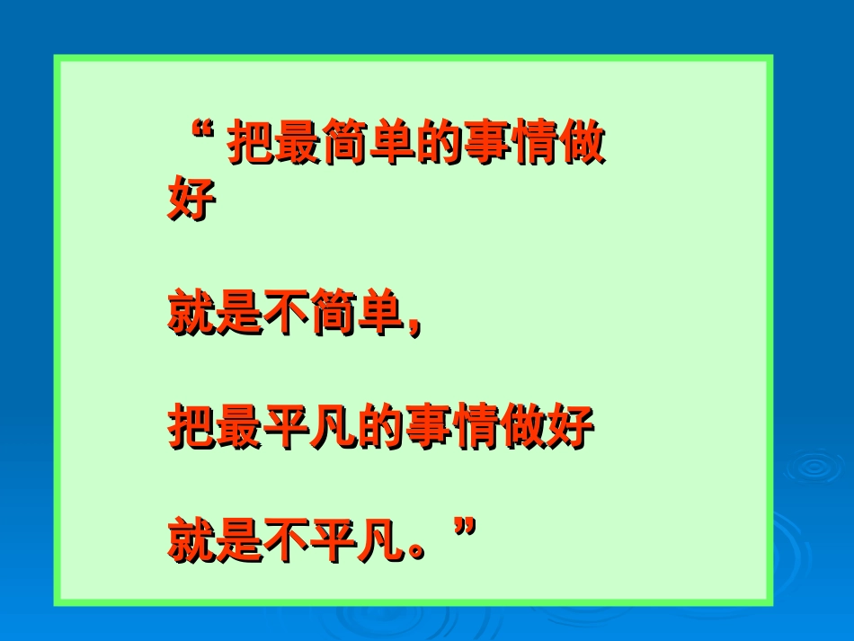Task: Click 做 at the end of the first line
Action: [x=581, y=143]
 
